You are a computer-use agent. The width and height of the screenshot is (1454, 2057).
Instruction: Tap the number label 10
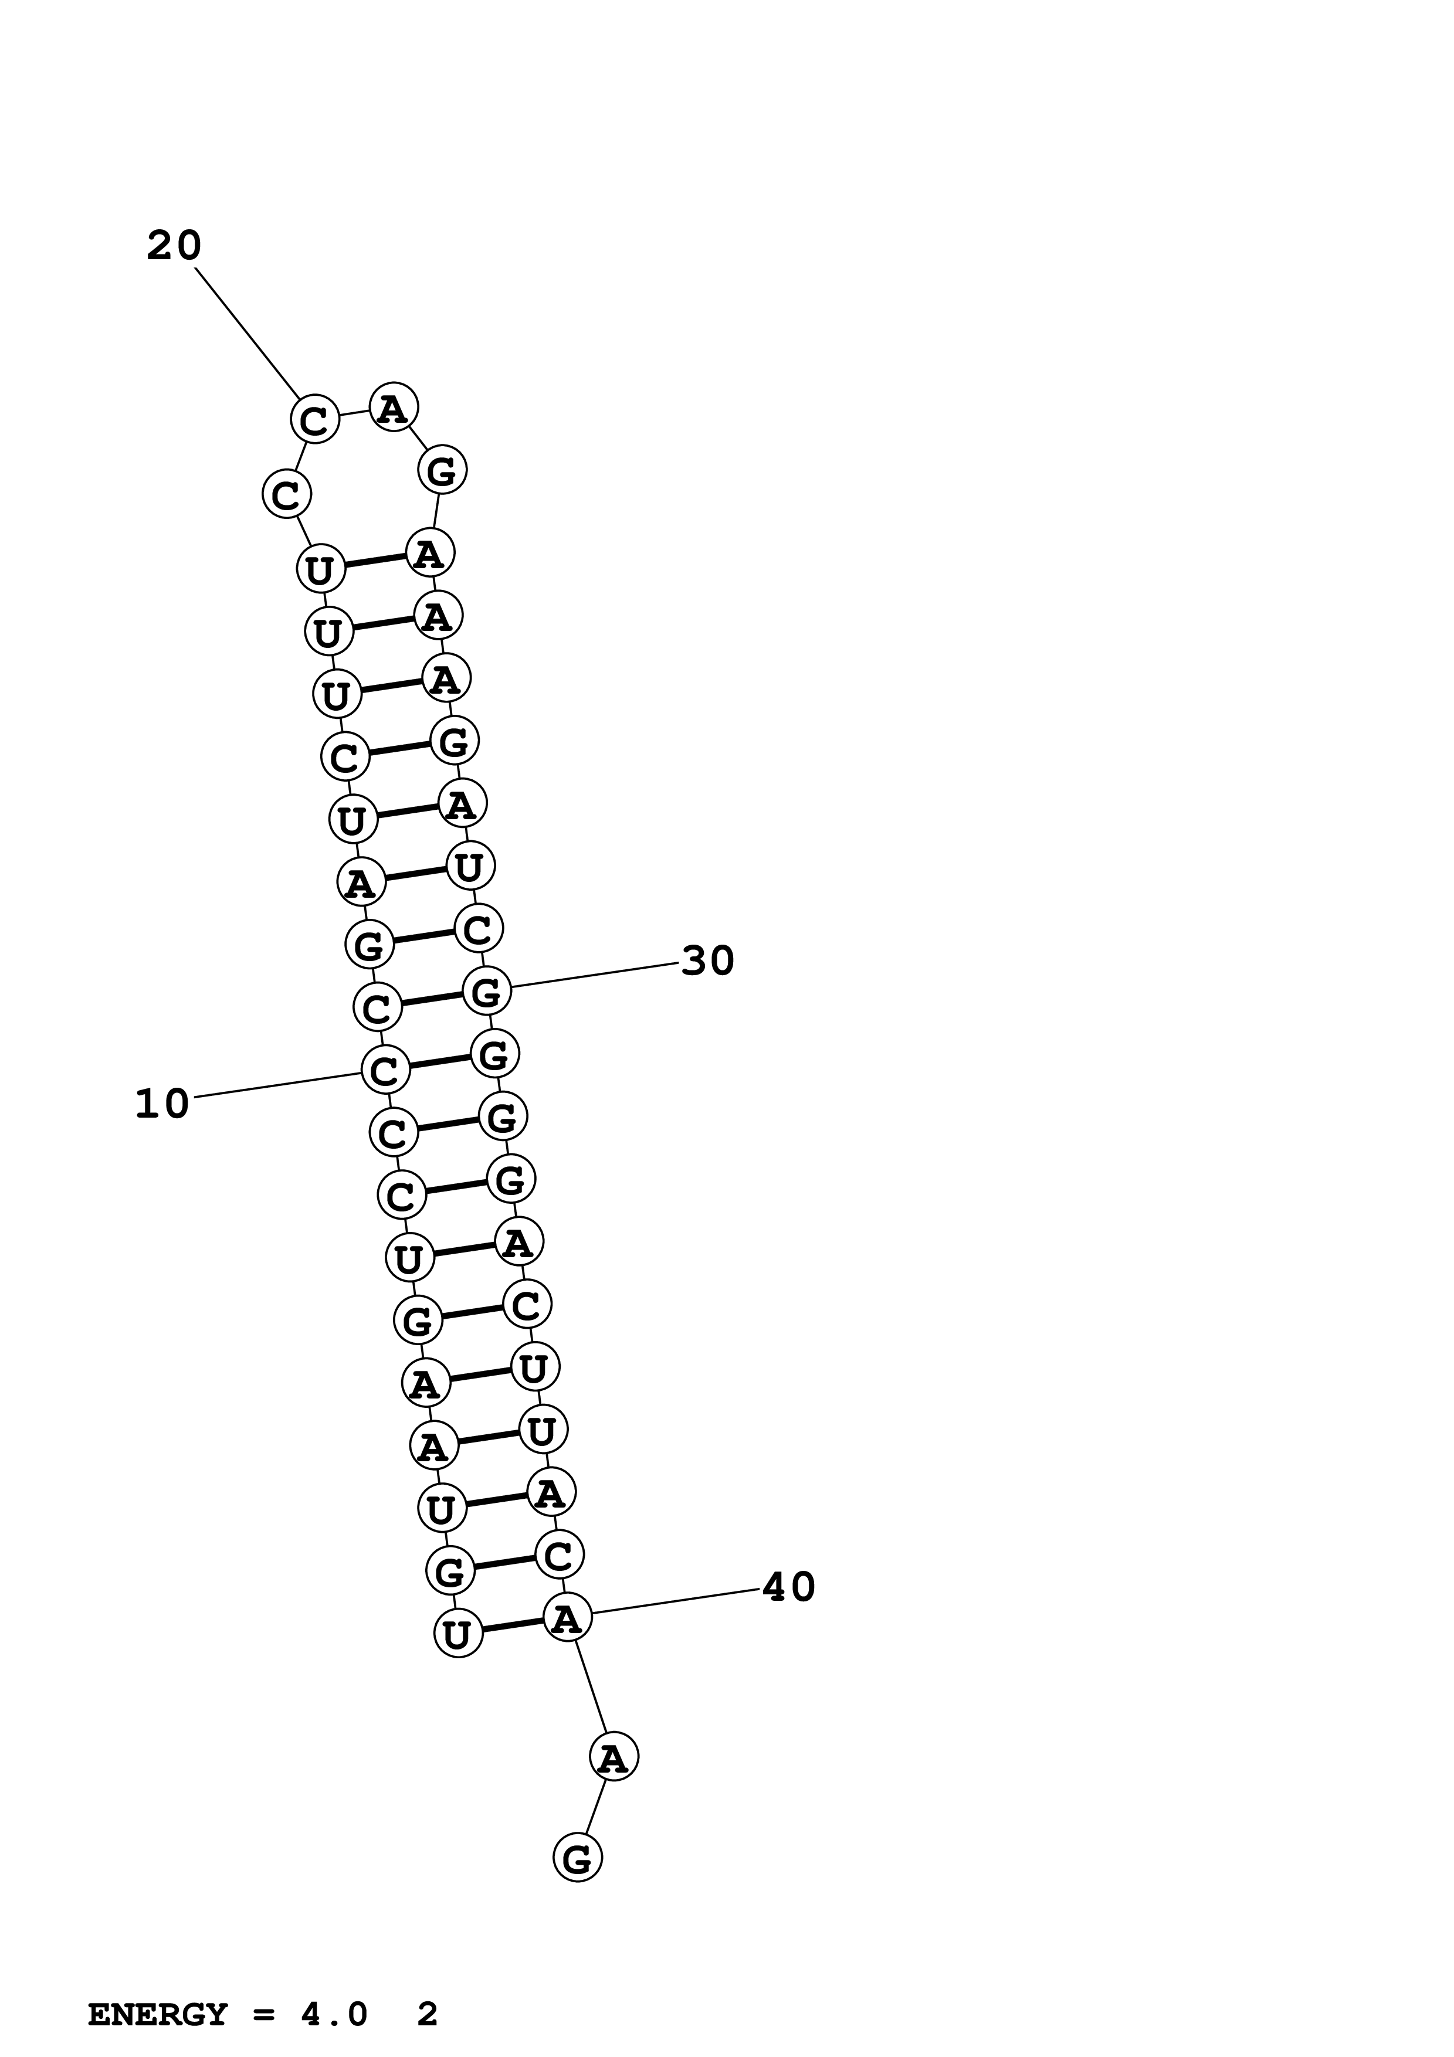click(x=162, y=1105)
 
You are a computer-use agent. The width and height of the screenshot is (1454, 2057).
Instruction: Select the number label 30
click(x=708, y=961)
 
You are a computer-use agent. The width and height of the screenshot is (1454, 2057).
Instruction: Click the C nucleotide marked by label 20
click(x=314, y=419)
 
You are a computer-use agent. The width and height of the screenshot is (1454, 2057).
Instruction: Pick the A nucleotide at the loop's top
click(x=394, y=408)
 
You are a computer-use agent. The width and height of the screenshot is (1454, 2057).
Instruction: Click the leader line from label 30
click(x=596, y=975)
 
